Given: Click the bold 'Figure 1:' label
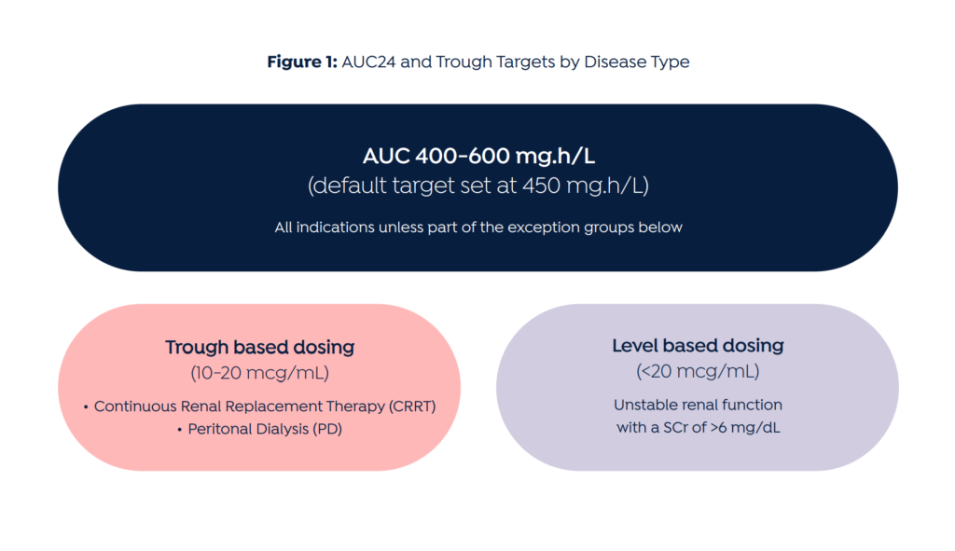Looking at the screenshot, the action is [302, 62].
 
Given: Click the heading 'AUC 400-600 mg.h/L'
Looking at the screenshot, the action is [478, 157].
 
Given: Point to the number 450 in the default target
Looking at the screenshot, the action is [542, 186].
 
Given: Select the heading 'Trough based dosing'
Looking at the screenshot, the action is [260, 347].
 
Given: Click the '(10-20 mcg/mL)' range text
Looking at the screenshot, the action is [260, 373].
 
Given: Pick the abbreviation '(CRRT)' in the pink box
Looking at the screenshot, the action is [412, 406].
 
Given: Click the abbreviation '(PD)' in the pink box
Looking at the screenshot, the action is [327, 429].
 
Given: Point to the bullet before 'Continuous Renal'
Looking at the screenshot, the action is [86, 407].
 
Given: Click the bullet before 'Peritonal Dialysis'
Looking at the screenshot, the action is [180, 430].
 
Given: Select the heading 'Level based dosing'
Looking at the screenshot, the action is [698, 346].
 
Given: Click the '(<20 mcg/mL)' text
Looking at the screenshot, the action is [698, 371].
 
